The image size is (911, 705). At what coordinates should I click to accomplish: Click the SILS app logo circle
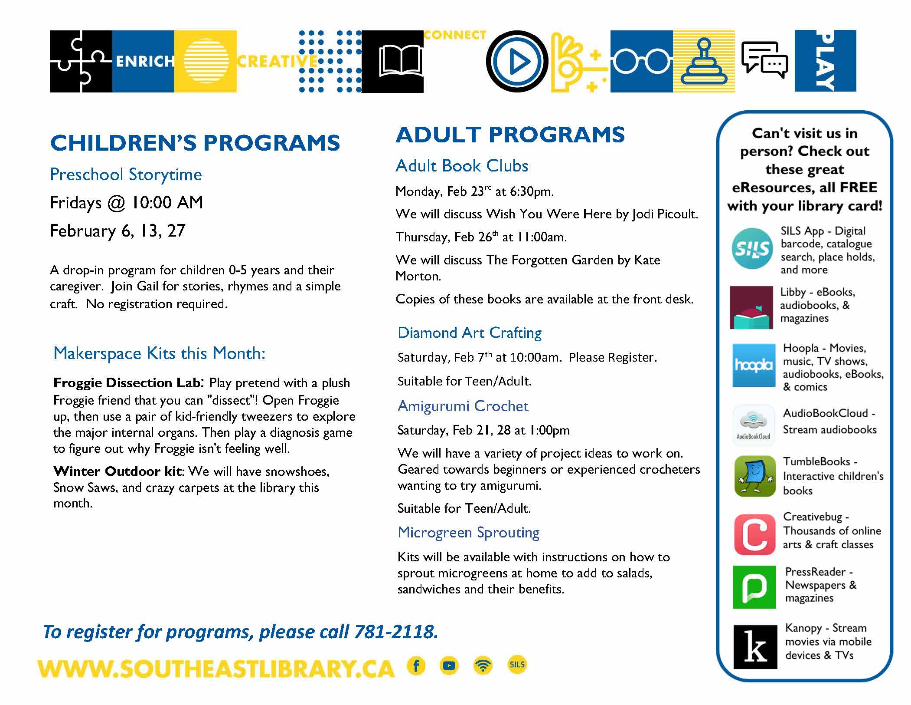coord(752,248)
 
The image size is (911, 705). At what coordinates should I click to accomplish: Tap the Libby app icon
coord(751,307)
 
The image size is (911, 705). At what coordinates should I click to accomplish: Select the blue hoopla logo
coord(754,365)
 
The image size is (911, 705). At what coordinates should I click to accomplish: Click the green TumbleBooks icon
coord(754,476)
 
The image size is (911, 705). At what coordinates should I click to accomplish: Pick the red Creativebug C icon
coord(754,534)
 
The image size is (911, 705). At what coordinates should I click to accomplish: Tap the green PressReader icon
coord(754,587)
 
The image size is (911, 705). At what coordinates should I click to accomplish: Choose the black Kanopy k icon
coord(755,647)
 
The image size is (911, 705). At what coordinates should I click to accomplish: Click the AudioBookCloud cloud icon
coord(753,425)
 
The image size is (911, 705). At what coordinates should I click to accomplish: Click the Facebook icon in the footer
coord(416,665)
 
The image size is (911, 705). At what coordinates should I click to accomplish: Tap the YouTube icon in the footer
coord(449,665)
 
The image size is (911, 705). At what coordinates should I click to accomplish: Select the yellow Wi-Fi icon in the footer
coord(483,665)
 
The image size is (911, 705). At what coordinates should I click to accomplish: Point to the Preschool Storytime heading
coord(126,175)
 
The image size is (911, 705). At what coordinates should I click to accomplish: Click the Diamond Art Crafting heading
coord(470,333)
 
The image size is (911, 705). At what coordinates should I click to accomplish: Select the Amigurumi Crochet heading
coord(463,406)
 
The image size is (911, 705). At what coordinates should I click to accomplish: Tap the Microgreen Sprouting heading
coord(468,533)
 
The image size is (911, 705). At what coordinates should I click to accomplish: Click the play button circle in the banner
coord(517,62)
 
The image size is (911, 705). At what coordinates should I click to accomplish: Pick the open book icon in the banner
coord(400,62)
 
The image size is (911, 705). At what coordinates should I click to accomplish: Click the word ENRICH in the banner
coord(145,62)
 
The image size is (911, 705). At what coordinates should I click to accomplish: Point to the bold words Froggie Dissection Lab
coord(127,383)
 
